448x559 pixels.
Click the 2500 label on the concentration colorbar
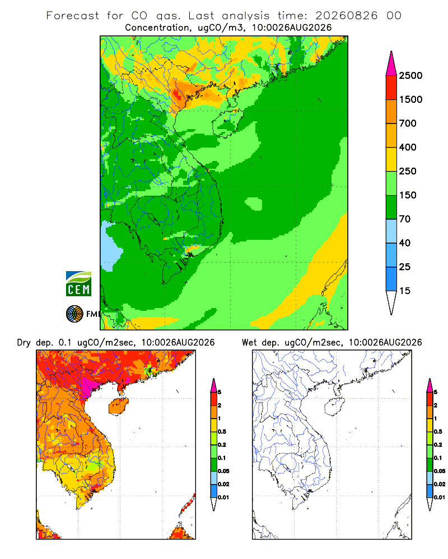(410, 75)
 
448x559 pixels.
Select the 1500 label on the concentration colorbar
(410, 100)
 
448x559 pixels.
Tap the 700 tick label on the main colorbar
(408, 124)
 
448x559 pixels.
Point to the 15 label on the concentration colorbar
(405, 291)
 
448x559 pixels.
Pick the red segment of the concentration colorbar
(391, 88)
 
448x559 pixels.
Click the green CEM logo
(78, 284)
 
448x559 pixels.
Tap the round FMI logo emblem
(74, 314)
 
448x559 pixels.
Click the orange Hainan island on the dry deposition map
(119, 406)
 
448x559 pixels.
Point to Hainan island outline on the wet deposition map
(335, 406)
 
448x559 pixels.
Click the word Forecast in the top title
(73, 16)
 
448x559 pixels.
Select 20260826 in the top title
(346, 16)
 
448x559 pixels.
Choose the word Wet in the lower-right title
(249, 343)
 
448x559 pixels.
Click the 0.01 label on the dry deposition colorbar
(223, 498)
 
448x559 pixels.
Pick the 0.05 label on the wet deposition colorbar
(440, 471)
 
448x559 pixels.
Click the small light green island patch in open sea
(254, 204)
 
